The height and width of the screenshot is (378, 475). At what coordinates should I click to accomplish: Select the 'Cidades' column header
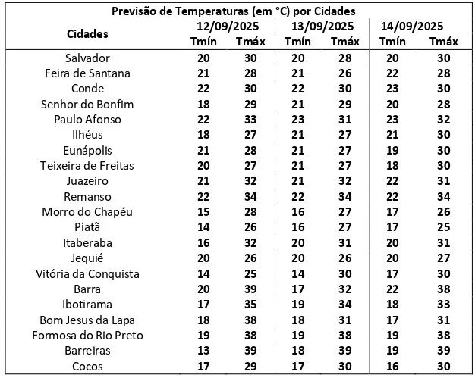tap(87, 34)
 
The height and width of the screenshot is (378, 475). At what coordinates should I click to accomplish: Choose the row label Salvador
tap(87, 58)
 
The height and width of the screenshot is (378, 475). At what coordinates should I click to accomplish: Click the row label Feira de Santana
tap(87, 73)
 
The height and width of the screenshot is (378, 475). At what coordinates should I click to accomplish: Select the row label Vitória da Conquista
tap(87, 273)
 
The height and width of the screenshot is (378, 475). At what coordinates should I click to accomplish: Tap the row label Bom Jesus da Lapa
tap(87, 320)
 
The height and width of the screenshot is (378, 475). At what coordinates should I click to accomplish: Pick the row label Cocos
tap(87, 366)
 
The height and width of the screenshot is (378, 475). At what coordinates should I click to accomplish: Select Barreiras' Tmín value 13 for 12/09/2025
tap(203, 351)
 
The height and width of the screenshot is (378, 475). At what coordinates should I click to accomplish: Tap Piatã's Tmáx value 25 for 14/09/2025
tap(443, 227)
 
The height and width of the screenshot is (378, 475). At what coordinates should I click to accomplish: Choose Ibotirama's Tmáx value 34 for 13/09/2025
tap(345, 305)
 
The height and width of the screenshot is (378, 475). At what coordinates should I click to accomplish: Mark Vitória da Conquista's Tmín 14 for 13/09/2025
tap(298, 273)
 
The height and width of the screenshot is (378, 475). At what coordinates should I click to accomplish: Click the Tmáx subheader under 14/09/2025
tap(443, 42)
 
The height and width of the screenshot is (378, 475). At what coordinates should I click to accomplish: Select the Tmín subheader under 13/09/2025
tap(298, 42)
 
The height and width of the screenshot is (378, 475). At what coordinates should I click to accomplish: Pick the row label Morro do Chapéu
tap(87, 212)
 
